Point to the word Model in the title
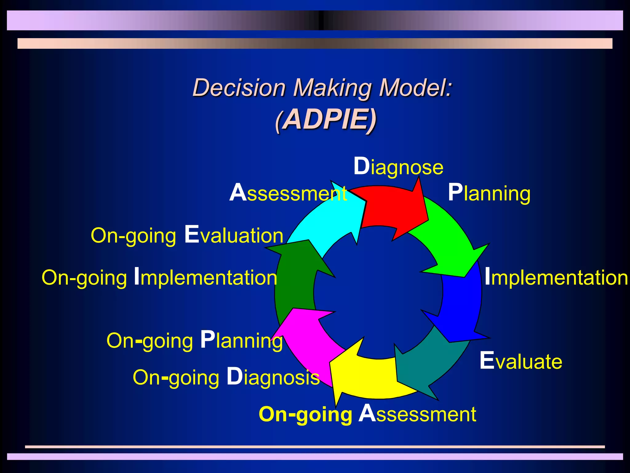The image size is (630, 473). pyautogui.click(x=416, y=87)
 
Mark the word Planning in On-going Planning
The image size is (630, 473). pyautogui.click(x=241, y=341)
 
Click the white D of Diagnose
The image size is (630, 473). pyautogui.click(x=361, y=166)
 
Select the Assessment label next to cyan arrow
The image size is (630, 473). pyautogui.click(x=288, y=193)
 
